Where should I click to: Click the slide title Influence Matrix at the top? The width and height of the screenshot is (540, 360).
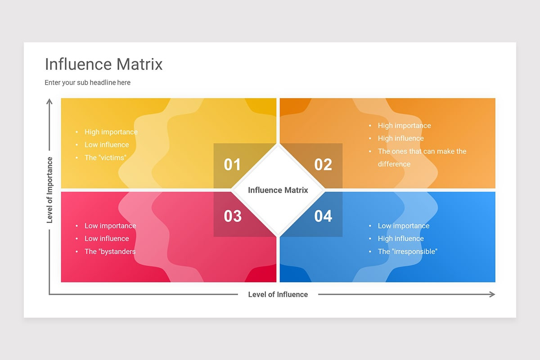(103, 64)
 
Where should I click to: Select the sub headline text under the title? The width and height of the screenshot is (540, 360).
(87, 83)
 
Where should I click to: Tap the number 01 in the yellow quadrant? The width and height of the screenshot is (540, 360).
(232, 165)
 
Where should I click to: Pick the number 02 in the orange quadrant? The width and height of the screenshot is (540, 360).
(323, 165)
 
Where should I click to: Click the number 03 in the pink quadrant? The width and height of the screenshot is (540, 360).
(233, 216)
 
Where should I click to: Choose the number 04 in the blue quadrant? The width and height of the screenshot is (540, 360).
(323, 216)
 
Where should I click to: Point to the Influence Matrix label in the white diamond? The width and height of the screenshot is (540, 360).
(278, 190)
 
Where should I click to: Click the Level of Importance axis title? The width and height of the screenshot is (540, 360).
(50, 190)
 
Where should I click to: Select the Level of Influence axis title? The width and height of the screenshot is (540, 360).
(278, 294)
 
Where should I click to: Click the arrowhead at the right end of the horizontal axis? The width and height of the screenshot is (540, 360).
(492, 294)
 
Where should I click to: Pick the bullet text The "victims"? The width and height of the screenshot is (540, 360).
(105, 157)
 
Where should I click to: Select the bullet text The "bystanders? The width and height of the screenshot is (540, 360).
(110, 252)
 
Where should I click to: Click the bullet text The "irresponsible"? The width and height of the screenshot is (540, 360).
(408, 252)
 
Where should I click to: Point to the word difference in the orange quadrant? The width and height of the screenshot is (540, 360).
(394, 164)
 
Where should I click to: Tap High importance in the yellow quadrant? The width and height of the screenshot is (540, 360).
(111, 132)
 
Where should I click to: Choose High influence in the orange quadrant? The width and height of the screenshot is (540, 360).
(401, 138)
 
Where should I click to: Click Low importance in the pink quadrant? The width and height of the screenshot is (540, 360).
(110, 226)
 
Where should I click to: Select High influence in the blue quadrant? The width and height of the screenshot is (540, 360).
(401, 238)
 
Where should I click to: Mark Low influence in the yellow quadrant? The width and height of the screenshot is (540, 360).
(107, 144)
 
